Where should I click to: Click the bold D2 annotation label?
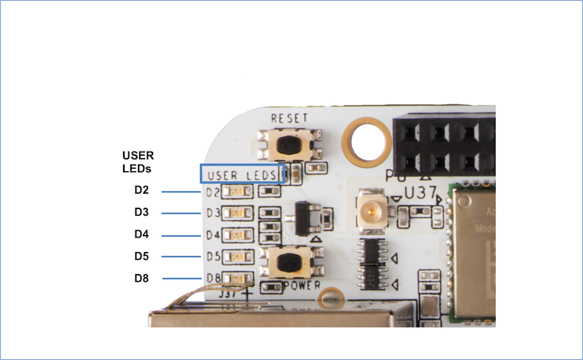pos(141,191)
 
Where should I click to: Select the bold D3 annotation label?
pos(141,213)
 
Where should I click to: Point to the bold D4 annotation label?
pos(141,235)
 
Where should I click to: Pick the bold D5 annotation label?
pos(141,257)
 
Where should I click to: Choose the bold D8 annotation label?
pos(141,278)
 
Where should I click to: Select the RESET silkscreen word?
pos(289,118)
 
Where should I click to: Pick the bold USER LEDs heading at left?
pos(138,162)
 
